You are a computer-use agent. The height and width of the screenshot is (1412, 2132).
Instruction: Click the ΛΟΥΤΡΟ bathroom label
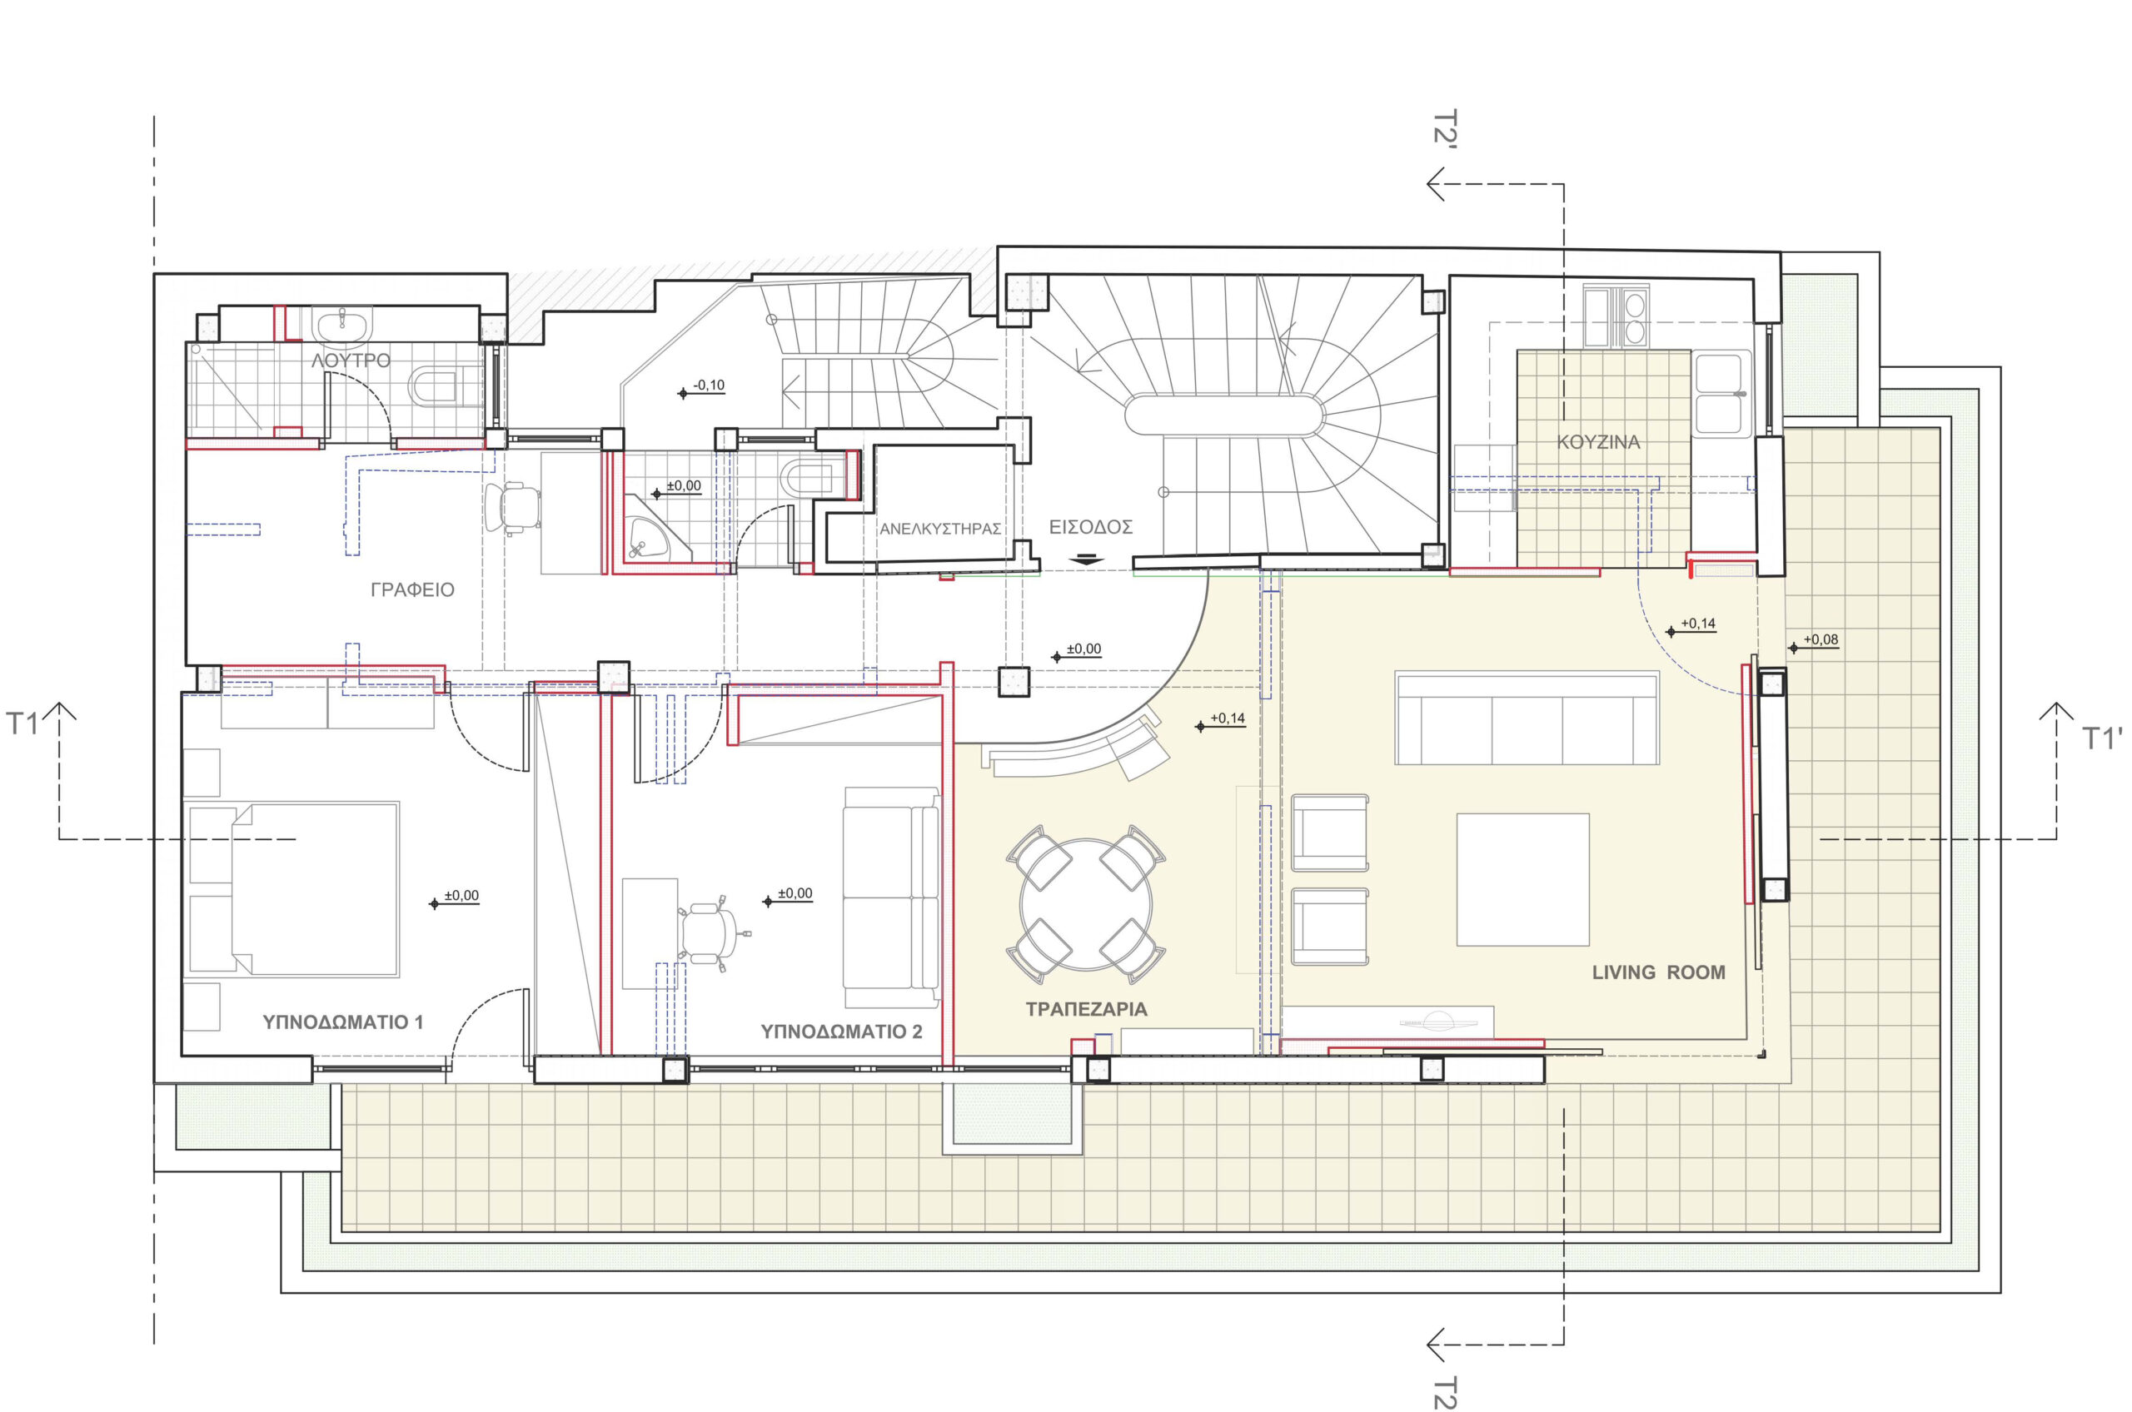[x=351, y=361]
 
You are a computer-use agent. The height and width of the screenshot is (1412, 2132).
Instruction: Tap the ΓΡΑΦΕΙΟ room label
[x=412, y=589]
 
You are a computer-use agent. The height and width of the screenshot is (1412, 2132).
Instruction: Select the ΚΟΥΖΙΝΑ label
[x=1599, y=442]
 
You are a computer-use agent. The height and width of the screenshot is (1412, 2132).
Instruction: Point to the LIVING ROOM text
[x=1658, y=972]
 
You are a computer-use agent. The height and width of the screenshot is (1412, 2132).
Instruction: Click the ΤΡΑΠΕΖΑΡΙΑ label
[x=1086, y=1010]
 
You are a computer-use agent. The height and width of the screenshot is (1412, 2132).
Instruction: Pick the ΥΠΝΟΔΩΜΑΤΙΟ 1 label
[x=342, y=1022]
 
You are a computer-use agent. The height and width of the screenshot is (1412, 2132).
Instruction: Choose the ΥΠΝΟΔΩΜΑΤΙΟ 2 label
[x=841, y=1032]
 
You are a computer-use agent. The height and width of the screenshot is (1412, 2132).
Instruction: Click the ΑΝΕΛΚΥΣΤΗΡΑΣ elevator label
[x=940, y=529]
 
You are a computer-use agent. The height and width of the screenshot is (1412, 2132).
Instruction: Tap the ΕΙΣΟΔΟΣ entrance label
[x=1090, y=527]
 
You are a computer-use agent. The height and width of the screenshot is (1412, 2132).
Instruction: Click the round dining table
[x=1086, y=904]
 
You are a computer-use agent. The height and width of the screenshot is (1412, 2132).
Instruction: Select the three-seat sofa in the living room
[x=1527, y=718]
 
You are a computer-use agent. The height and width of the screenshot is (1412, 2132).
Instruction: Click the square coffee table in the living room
[x=1522, y=880]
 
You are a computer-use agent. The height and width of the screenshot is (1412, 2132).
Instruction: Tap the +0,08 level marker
[x=1813, y=642]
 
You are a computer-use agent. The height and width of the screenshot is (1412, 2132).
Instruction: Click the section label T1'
[x=2102, y=738]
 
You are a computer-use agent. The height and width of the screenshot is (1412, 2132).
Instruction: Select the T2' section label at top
[x=1445, y=128]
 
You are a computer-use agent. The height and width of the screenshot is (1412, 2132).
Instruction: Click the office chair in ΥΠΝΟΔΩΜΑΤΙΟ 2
[x=711, y=934]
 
